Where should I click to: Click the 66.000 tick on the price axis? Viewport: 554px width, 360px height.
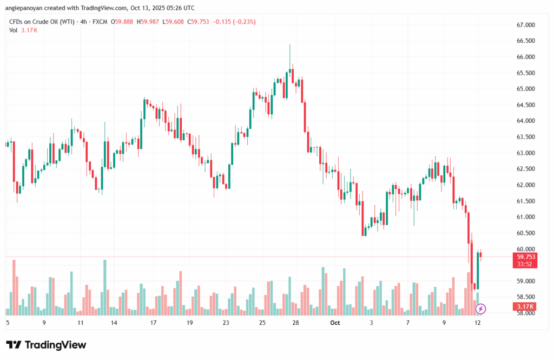pyautogui.click(x=525, y=57)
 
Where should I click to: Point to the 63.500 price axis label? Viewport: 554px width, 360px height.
pyautogui.click(x=525, y=137)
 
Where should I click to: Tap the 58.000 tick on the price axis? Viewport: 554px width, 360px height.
pyautogui.click(x=525, y=313)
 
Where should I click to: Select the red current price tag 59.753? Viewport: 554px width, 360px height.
pyautogui.click(x=526, y=257)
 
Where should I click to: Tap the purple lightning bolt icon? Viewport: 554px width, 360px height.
pyautogui.click(x=480, y=309)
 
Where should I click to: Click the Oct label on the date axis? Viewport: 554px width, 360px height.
pyautogui.click(x=335, y=323)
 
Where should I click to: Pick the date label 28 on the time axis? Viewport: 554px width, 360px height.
pyautogui.click(x=296, y=323)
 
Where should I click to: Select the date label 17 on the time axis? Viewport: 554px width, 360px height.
pyautogui.click(x=153, y=323)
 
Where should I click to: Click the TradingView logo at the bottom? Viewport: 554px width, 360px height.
pyautogui.click(x=46, y=345)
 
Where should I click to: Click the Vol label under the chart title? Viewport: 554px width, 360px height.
pyautogui.click(x=14, y=30)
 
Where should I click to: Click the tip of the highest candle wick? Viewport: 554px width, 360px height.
pyautogui.click(x=290, y=44)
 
